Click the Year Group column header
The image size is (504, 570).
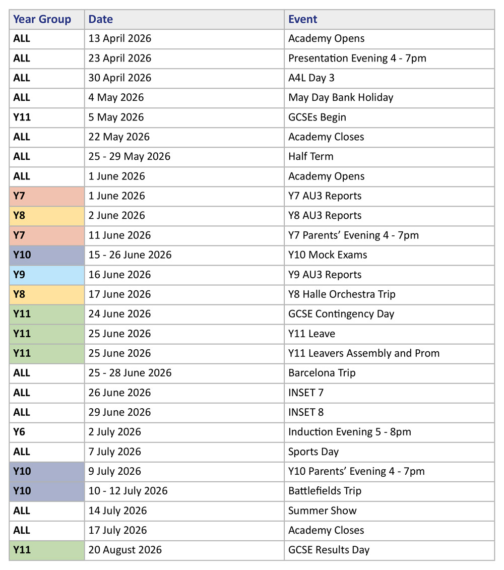pos(42,20)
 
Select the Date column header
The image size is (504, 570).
pos(101,20)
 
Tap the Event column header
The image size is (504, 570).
pos(303,20)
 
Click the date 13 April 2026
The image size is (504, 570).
pos(120,39)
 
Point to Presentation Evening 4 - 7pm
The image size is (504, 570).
pos(357,58)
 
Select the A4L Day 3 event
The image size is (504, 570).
pos(311,78)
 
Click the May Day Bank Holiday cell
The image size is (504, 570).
pos(341,98)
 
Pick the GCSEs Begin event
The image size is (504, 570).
pos(317,117)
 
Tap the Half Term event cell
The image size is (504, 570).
pos(310,157)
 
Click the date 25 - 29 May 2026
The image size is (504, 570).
pos(130,157)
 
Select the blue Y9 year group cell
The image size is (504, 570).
pos(46,275)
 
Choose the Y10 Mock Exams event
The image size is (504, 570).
pos(328,255)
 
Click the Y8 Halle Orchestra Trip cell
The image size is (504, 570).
pos(342,294)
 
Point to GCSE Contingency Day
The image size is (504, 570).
pos(341,314)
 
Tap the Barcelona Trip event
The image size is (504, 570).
pos(322,373)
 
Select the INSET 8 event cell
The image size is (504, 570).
pos(306,412)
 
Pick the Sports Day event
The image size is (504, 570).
pos(313,452)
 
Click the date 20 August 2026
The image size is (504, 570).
pos(125,550)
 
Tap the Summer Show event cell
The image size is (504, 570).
pos(323,511)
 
